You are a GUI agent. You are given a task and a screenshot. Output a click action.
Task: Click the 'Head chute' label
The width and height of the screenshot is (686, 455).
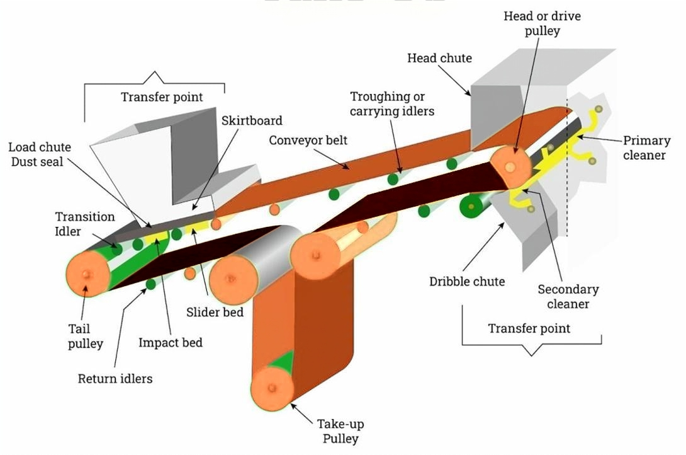439,59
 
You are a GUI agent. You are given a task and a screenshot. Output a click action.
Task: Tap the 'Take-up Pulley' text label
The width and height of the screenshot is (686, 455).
340,431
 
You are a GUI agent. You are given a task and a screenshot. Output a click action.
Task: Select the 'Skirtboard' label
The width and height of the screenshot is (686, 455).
252,120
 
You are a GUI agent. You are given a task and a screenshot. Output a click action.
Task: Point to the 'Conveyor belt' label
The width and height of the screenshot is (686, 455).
308,140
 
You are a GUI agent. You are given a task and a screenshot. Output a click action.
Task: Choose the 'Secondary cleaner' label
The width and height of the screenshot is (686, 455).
568,297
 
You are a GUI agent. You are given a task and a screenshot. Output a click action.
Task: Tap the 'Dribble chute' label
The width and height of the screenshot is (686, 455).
467,282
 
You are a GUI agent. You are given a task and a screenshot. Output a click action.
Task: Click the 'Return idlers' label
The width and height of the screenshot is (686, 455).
115,379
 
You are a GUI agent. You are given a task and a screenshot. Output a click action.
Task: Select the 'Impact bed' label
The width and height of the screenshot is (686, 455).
171,343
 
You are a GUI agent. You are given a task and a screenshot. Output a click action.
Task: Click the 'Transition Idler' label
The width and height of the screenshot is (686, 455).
85,224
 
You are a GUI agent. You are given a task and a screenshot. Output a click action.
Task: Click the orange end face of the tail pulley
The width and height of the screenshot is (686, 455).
86,275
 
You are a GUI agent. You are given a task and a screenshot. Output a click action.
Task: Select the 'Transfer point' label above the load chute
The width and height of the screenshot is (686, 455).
162,97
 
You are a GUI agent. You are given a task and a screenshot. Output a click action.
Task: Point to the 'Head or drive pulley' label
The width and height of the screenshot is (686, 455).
542,23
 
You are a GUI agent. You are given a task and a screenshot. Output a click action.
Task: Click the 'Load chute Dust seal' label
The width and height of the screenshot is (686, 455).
40,154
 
